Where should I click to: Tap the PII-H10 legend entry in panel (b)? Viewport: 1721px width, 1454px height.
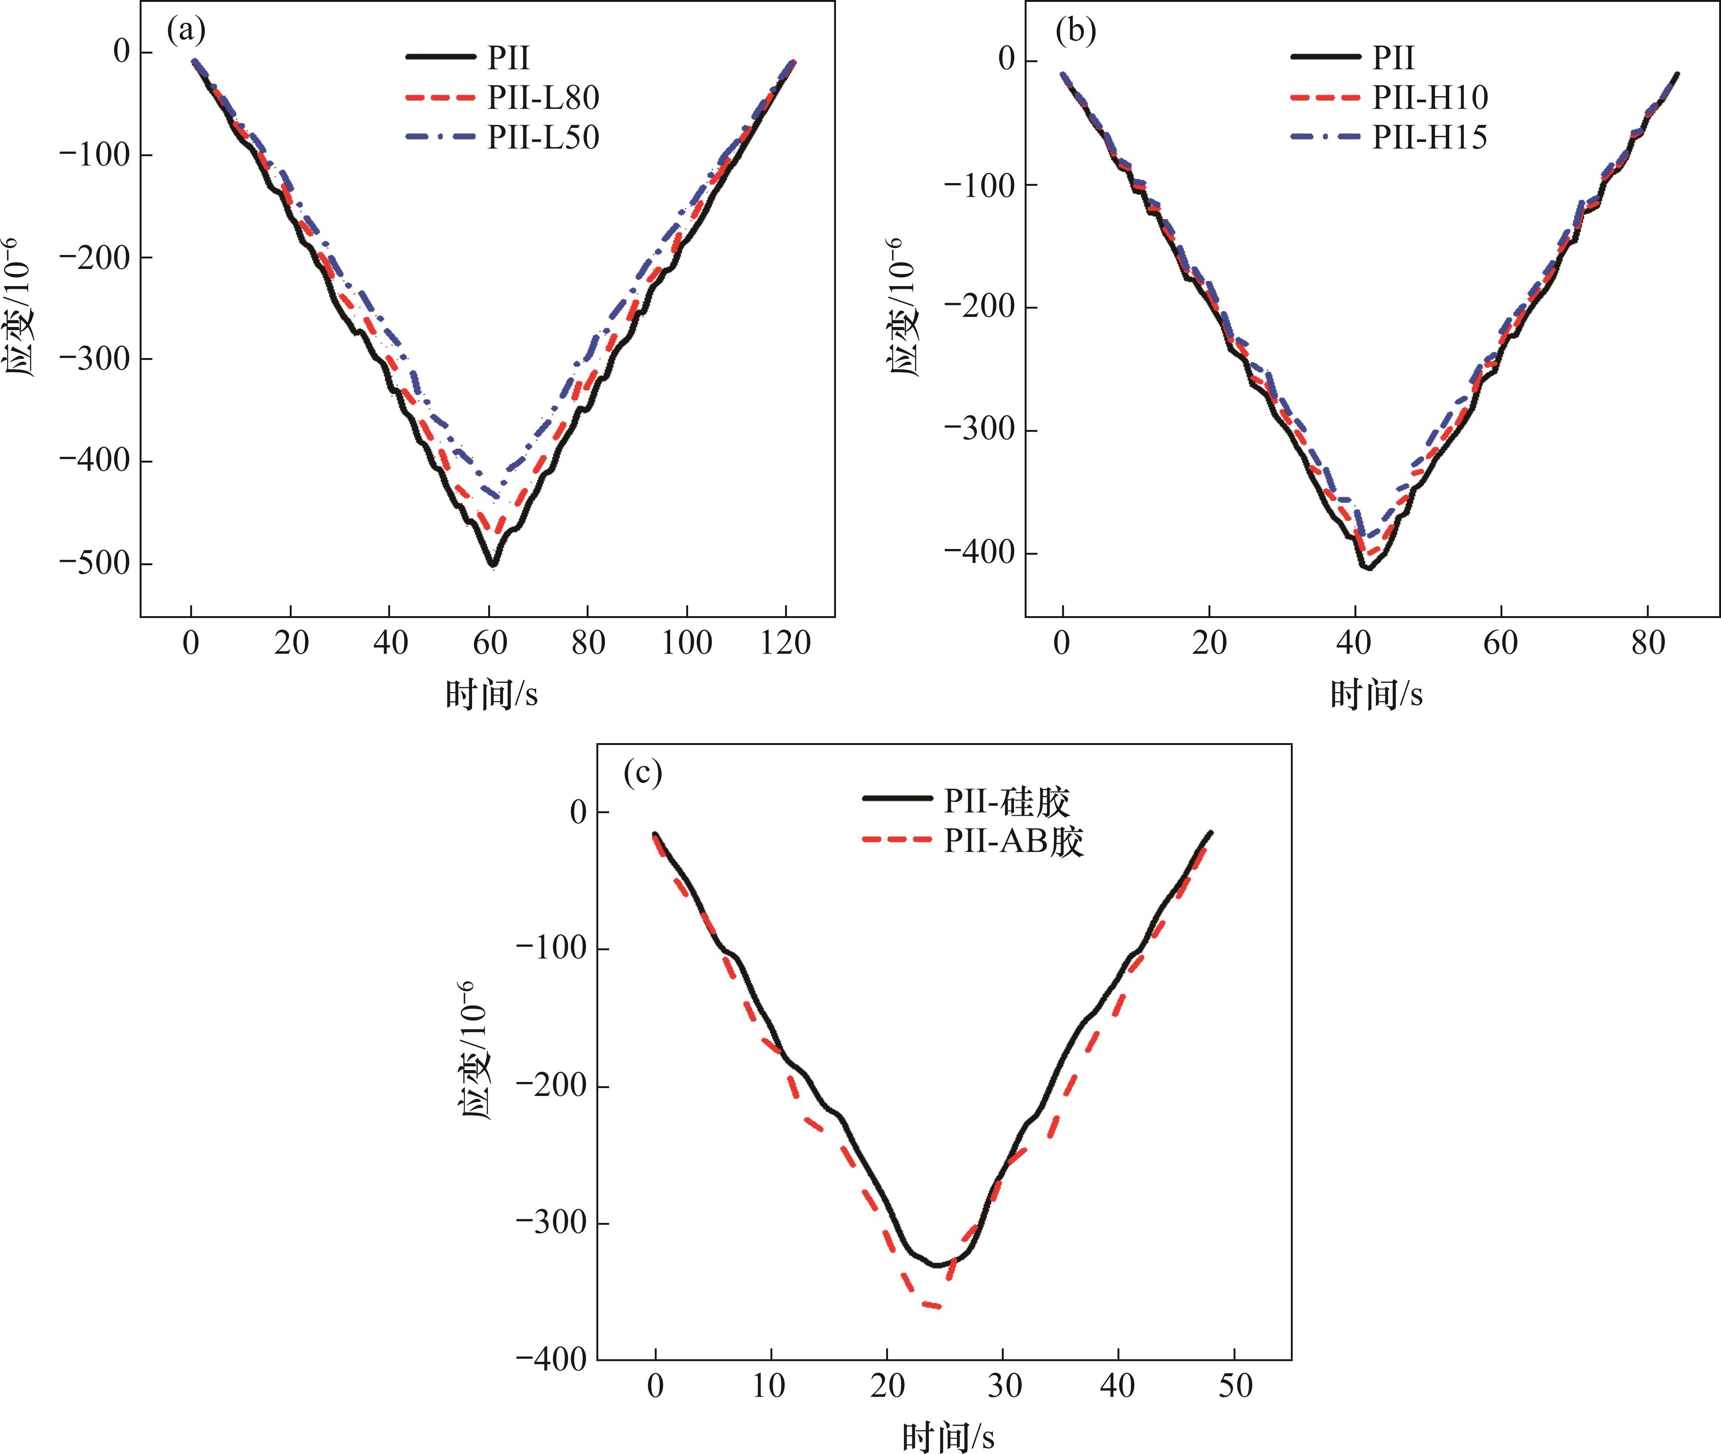coord(1429,97)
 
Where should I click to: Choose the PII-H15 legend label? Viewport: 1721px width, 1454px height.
coord(1429,137)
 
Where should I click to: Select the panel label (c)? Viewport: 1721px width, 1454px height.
coord(642,773)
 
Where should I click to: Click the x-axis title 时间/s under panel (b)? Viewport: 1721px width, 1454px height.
coord(1376,695)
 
